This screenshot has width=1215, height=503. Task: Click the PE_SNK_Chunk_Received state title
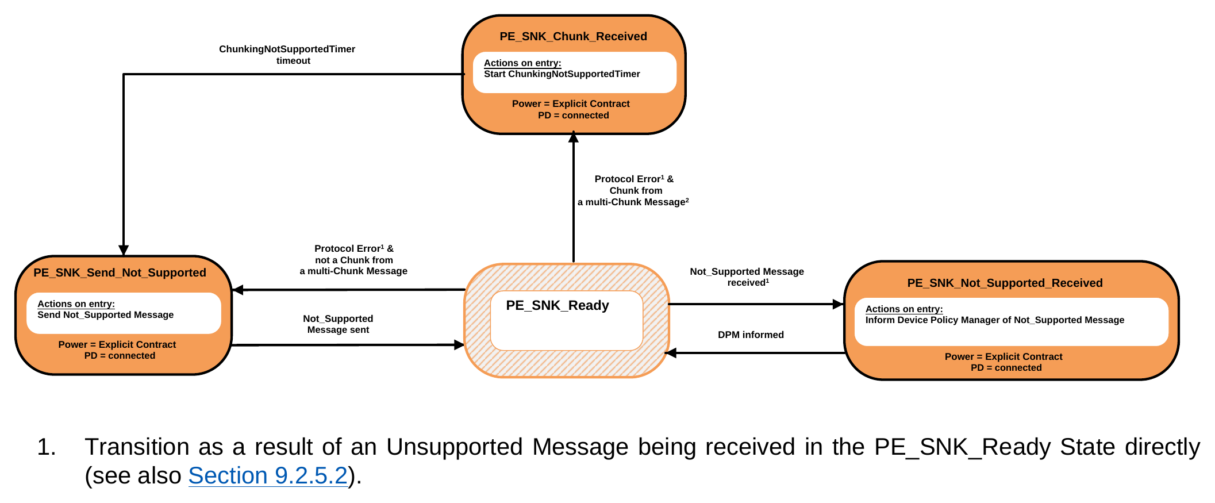click(573, 36)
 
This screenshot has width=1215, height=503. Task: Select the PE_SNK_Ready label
click(557, 305)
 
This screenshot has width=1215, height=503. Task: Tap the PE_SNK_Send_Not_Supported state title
click(120, 272)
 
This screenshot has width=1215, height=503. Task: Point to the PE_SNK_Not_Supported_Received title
click(1005, 283)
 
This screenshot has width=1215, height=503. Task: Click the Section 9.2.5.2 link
click(268, 475)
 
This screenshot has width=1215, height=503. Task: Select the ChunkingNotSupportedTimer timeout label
click(287, 55)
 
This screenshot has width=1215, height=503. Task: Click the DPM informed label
click(751, 335)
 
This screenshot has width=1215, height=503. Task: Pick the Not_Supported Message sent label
click(338, 324)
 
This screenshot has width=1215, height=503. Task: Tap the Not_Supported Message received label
click(747, 277)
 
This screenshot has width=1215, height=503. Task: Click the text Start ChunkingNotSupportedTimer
click(562, 74)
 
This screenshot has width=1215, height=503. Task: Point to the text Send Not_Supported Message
click(105, 315)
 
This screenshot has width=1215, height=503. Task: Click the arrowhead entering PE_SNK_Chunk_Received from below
click(573, 137)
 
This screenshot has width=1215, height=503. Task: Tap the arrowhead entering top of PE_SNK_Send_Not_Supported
click(124, 251)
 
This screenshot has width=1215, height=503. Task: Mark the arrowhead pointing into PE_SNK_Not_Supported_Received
click(839, 304)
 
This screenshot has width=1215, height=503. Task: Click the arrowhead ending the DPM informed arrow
click(671, 353)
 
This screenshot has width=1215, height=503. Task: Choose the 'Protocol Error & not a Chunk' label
click(353, 260)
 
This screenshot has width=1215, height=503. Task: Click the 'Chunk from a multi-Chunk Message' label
click(633, 196)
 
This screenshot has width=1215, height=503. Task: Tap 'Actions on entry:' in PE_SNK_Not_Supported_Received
click(904, 309)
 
